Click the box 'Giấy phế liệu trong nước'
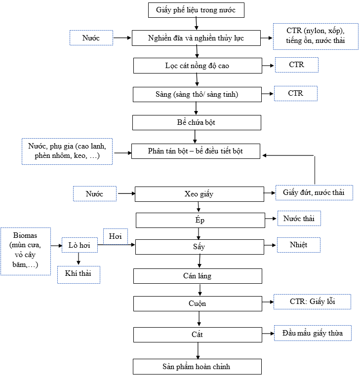[x=196, y=10]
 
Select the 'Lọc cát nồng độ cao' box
[x=198, y=66]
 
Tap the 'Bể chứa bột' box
[x=197, y=122]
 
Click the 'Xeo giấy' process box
[x=199, y=194]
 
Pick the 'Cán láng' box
[x=198, y=276]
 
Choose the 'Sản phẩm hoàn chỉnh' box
[x=197, y=367]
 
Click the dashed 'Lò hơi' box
[x=80, y=245]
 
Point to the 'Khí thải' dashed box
[x=79, y=275]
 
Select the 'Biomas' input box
[x=26, y=251]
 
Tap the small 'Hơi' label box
[x=116, y=236]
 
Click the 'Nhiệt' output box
[x=299, y=245]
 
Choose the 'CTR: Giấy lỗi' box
[x=312, y=301]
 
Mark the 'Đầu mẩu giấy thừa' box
[x=313, y=333]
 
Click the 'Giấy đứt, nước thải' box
[x=314, y=192]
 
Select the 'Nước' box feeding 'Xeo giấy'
[x=95, y=193]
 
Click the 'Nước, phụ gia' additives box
[x=67, y=151]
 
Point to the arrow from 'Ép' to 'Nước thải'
[x=271, y=219]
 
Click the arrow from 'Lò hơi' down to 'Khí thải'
[x=78, y=259]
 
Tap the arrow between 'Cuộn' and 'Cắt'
[x=199, y=319]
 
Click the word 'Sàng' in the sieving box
[x=163, y=94]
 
